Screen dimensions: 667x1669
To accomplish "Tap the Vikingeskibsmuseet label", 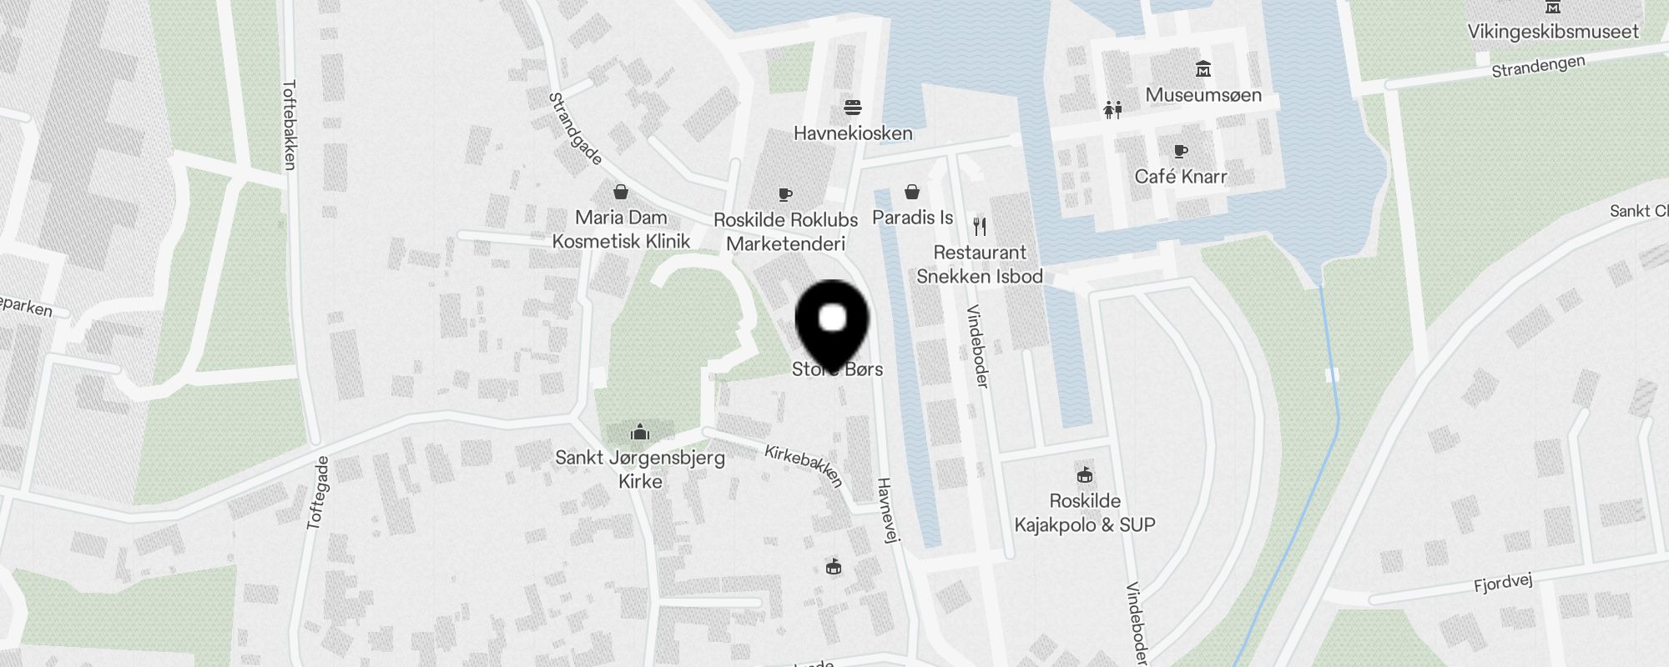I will coord(1553,32).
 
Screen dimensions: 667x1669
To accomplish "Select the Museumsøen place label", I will coord(1203,95).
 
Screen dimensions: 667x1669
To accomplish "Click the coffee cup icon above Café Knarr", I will coord(1180,151).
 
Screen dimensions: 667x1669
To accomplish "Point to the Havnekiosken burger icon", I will coord(852,108).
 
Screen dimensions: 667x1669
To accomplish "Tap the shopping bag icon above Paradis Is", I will coord(912,192).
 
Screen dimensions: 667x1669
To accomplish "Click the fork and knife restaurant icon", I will coord(980,225).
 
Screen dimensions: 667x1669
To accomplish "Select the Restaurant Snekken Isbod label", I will coord(980,264).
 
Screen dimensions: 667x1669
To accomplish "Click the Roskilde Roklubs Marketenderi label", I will coord(785,232).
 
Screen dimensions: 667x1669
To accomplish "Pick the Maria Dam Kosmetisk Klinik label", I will coord(621,229).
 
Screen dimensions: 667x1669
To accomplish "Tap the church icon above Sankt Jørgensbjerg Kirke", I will coord(640,431).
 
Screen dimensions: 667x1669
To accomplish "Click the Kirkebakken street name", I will coord(804,464).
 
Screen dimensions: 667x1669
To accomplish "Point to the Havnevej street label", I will coord(886,510).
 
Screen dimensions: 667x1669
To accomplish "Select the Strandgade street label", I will coord(575,128).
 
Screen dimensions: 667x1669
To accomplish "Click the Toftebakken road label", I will coord(290,124).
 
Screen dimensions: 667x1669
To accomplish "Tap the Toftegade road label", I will coord(318,492).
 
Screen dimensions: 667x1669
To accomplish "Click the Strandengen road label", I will coord(1537,67).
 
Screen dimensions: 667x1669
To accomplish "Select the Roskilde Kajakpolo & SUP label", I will coord(1084,513).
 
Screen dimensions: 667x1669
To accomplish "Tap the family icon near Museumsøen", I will coord(1112,109).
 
